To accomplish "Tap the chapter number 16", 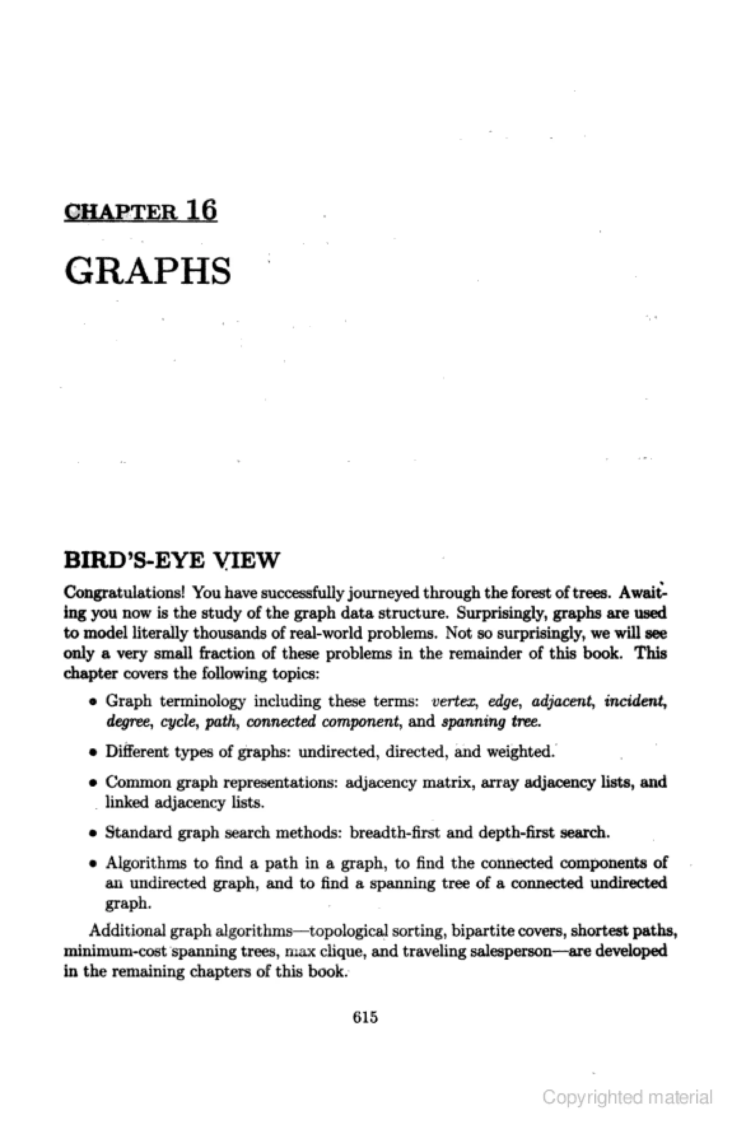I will point(202,209).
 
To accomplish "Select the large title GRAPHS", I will point(148,271).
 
